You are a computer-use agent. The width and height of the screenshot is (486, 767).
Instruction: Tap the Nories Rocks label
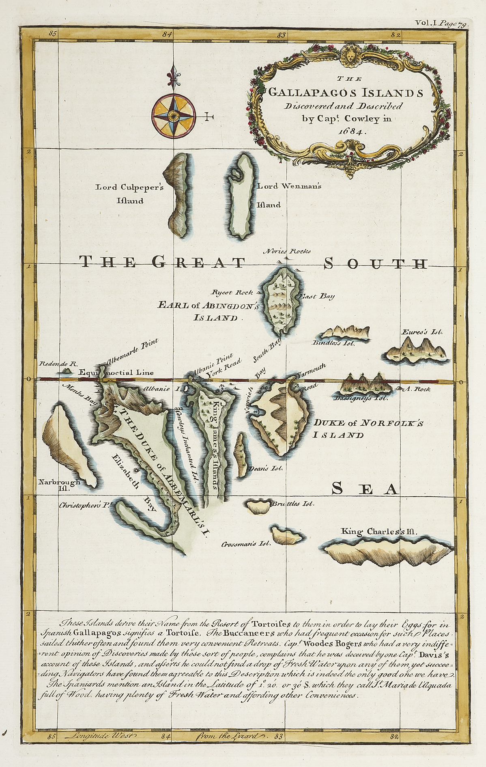[287, 251]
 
